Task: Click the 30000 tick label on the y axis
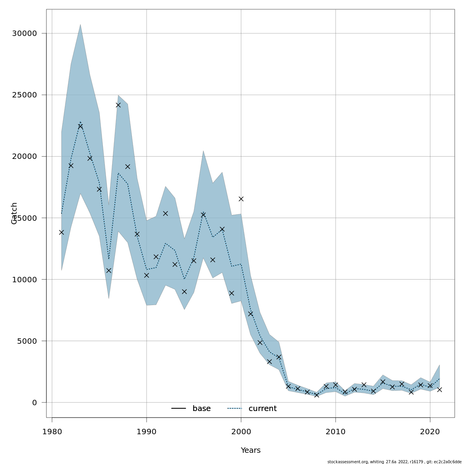(24, 34)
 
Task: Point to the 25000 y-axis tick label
(24, 95)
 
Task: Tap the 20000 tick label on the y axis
(24, 157)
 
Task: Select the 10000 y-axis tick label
(24, 280)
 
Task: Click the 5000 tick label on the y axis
(27, 341)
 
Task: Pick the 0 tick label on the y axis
(34, 403)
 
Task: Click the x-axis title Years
(251, 450)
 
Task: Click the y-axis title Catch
(14, 213)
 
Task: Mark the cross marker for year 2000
(241, 199)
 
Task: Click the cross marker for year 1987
(118, 105)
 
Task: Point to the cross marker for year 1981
(61, 232)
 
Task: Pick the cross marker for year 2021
(439, 389)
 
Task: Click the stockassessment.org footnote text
(394, 462)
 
